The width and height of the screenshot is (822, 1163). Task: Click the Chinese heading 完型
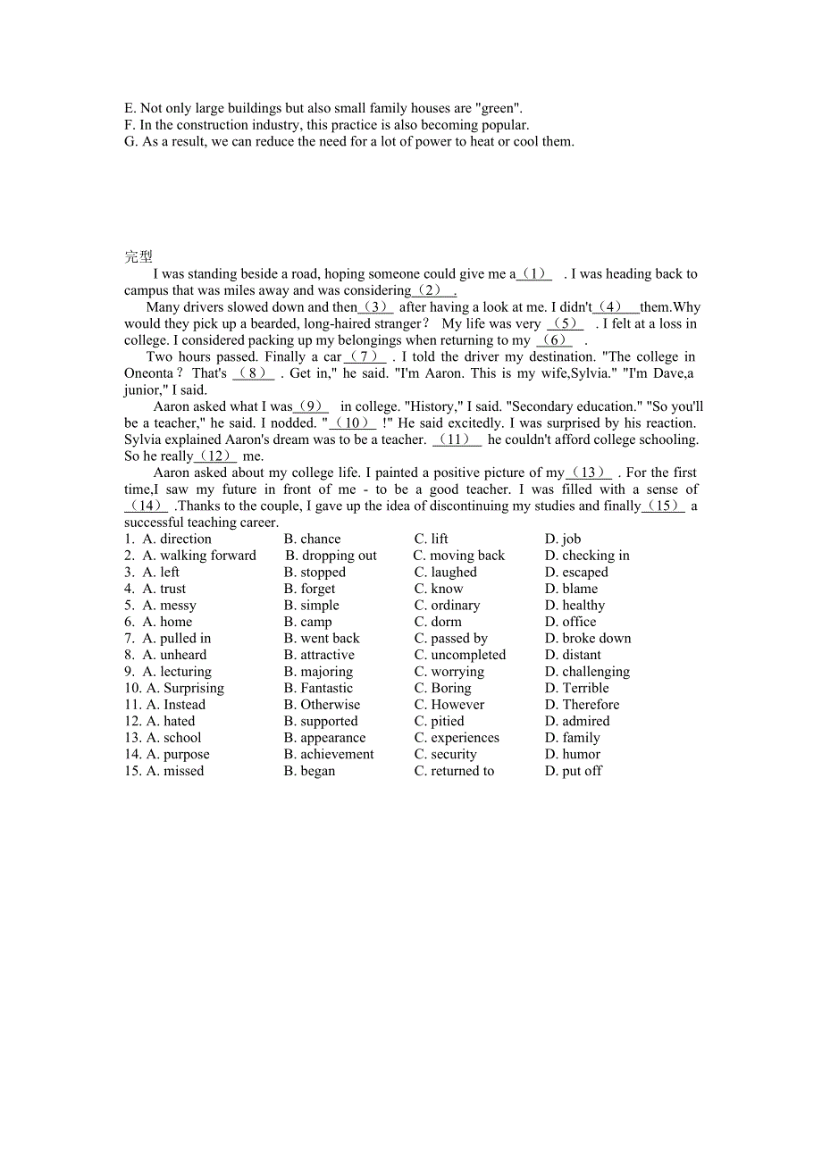point(138,257)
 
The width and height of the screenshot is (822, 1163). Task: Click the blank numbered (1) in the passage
point(534,274)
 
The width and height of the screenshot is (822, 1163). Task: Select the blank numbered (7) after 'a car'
point(365,357)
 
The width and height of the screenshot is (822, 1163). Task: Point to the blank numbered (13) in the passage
point(589,473)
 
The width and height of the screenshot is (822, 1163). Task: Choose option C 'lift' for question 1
point(432,539)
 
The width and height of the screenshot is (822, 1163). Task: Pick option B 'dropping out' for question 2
point(331,556)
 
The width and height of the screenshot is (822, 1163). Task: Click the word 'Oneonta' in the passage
point(148,373)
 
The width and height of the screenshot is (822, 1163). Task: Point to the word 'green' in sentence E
point(498,109)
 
